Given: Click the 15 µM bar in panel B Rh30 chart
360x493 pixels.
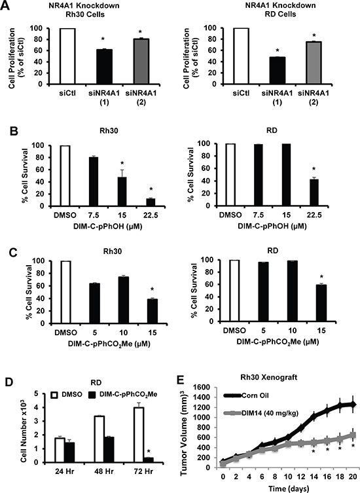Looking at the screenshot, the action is (x=121, y=191).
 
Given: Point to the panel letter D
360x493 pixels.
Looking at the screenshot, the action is (x=9, y=382).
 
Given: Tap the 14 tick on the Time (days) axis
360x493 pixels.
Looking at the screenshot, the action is (x=314, y=476).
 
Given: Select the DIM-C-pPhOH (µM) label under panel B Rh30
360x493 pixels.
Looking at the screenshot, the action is (x=107, y=227).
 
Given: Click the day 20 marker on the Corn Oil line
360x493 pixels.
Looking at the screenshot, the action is (x=353, y=405).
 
